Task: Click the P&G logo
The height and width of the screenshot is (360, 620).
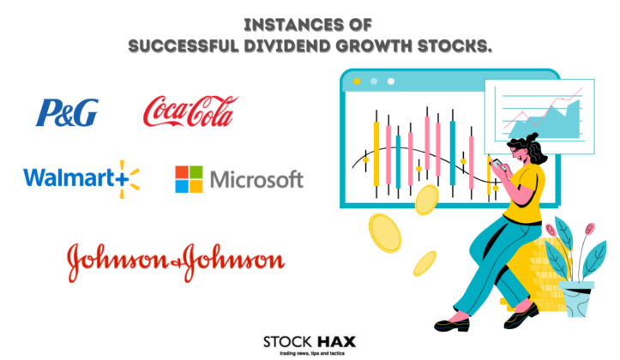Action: coord(66,112)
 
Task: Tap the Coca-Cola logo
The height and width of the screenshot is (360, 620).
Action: coord(190,111)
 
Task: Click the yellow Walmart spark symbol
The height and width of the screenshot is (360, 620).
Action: coord(126,177)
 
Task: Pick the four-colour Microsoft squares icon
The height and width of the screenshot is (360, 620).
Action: coord(189,179)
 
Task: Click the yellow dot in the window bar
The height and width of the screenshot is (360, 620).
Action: coord(371,81)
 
